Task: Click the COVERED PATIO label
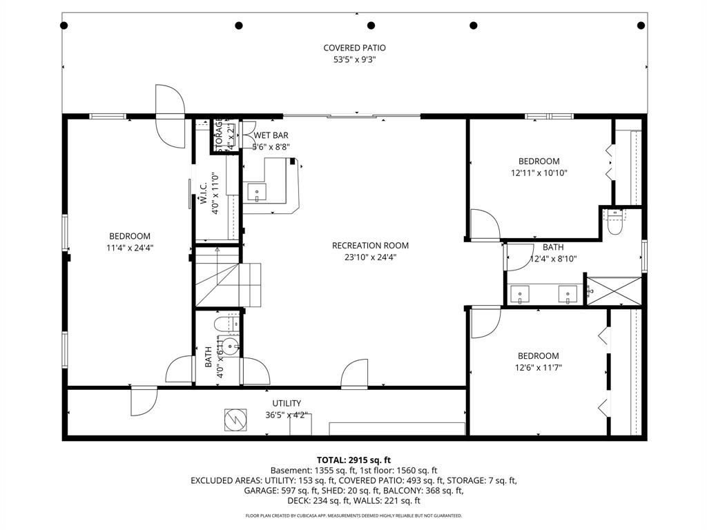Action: tap(354, 48)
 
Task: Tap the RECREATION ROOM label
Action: tap(370, 246)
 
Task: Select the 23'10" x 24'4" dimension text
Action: tap(370, 257)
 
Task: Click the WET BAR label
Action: tap(271, 136)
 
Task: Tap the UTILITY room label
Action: tap(286, 404)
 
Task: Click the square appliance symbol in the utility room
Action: tap(235, 419)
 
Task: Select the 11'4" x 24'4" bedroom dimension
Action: tap(128, 248)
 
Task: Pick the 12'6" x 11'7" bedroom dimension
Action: tap(539, 368)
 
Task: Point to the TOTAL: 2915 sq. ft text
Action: tap(353, 460)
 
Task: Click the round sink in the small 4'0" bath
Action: tap(233, 346)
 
